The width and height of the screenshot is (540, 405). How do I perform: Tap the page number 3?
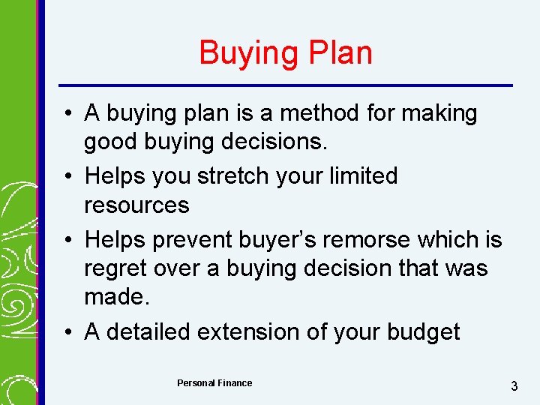point(514,386)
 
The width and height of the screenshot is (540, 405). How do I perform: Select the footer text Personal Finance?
point(214,383)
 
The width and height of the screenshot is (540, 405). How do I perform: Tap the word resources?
point(136,205)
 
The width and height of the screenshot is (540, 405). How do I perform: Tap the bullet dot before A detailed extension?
point(68,331)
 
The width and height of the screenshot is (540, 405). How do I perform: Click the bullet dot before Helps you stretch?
point(68,175)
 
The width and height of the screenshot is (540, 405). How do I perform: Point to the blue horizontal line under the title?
point(285,85)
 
